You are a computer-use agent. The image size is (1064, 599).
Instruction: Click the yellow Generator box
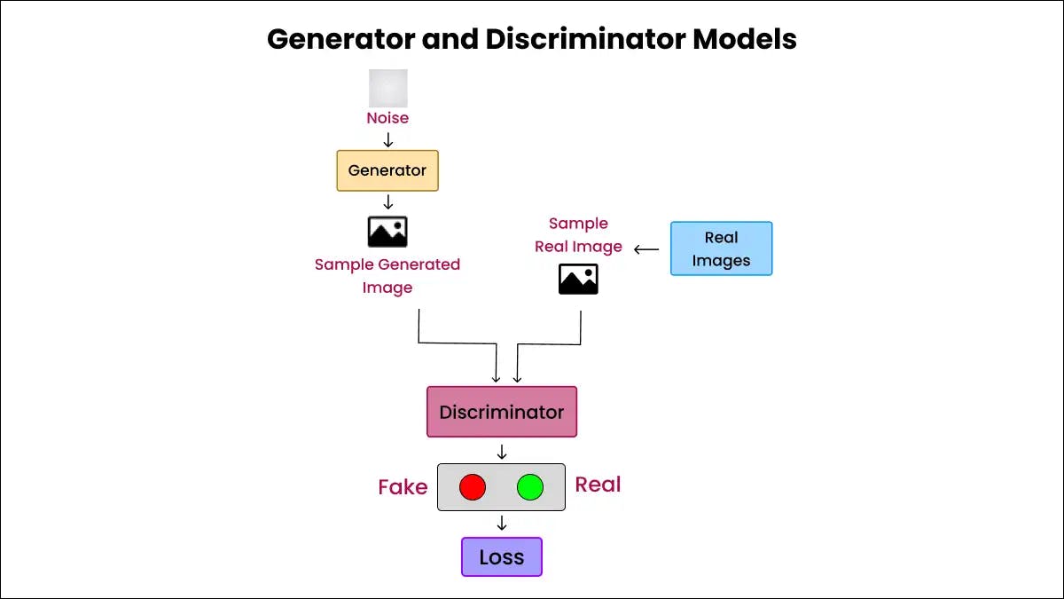pos(387,170)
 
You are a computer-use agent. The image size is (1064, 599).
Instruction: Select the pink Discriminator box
pos(501,412)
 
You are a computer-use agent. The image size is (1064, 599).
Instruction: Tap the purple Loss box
pos(501,557)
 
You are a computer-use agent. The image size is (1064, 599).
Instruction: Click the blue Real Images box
pos(721,248)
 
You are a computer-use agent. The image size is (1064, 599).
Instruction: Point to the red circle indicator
pos(473,487)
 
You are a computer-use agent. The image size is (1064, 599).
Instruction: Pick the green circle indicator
pos(530,487)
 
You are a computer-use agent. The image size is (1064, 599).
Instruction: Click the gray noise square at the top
pos(388,88)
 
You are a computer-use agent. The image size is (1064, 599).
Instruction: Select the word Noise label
pos(387,118)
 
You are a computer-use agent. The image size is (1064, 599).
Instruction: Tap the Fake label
pos(403,487)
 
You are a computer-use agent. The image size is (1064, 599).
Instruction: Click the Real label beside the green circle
pos(598,485)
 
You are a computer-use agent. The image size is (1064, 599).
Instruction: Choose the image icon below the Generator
pos(387,232)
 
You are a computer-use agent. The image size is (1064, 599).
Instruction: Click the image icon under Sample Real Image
pos(578,279)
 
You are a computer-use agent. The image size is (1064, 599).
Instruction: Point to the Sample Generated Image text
pos(387,276)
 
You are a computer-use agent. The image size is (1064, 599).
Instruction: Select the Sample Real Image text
pos(578,235)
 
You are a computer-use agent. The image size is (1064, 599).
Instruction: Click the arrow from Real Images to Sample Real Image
pos(646,249)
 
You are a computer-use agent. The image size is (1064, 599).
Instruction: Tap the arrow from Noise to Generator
pos(387,139)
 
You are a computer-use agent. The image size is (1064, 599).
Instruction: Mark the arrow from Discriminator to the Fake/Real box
pos(502,451)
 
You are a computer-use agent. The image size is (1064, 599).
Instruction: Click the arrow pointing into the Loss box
pos(502,524)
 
